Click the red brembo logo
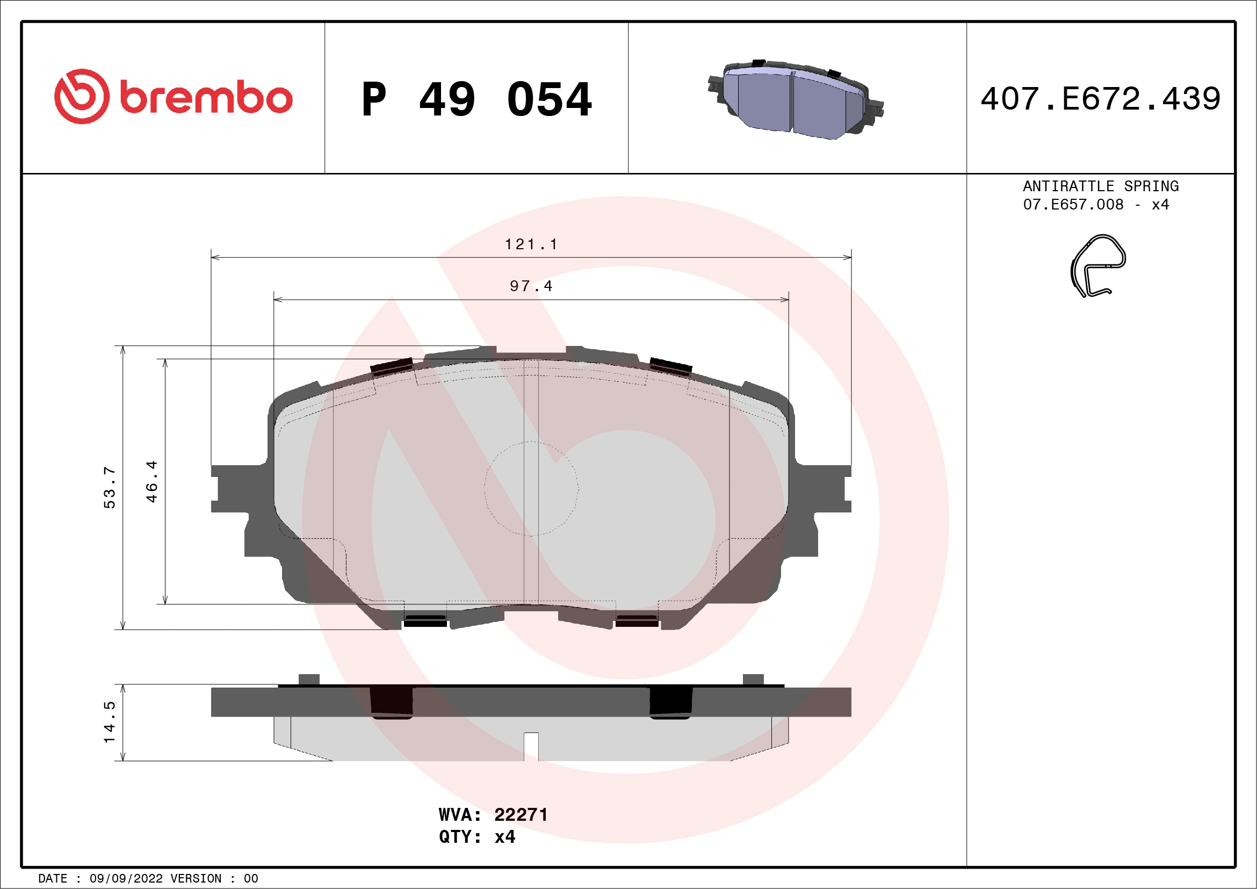(173, 97)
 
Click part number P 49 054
(476, 99)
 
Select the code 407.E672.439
(1101, 99)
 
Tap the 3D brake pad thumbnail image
(796, 100)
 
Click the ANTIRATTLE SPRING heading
(1101, 186)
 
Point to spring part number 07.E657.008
(1073, 205)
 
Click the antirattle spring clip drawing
(1096, 266)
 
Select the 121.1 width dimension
(531, 244)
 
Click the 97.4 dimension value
(531, 286)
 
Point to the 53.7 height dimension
(110, 487)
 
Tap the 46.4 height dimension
(151, 481)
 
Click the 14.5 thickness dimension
(110, 722)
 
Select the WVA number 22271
(521, 815)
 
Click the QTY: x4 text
(476, 837)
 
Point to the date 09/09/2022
(126, 879)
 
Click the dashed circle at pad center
(531, 488)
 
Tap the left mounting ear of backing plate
(230, 488)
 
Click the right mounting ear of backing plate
(832, 488)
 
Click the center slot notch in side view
(531, 746)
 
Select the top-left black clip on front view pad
(392, 367)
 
